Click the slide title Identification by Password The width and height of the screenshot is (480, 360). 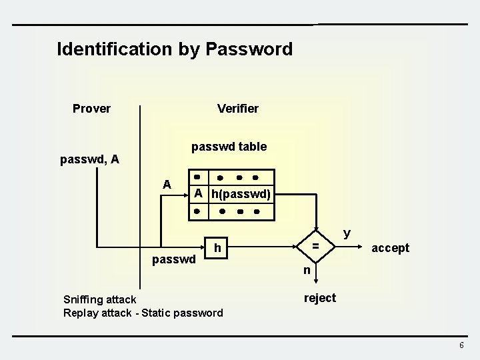[x=175, y=49]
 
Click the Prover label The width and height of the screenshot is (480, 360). [x=91, y=108]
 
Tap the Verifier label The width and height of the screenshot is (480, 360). [x=238, y=108]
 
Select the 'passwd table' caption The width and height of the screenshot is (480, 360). [x=229, y=146]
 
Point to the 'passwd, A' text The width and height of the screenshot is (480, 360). [x=89, y=159]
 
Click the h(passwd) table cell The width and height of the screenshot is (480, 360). [x=241, y=194]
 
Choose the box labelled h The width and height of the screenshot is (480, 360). [x=217, y=248]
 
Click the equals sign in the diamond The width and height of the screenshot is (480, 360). [x=317, y=247]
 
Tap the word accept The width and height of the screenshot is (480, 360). [x=390, y=248]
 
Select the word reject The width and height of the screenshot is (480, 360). [x=320, y=297]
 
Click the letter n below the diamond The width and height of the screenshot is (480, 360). [x=307, y=270]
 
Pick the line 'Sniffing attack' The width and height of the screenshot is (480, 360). [x=99, y=299]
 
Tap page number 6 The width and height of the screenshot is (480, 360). [x=461, y=345]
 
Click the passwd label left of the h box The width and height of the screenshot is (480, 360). [x=174, y=258]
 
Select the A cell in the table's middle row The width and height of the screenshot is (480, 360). [x=198, y=194]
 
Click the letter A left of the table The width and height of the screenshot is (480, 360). [x=167, y=184]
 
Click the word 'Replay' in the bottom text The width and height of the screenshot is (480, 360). [x=81, y=312]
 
